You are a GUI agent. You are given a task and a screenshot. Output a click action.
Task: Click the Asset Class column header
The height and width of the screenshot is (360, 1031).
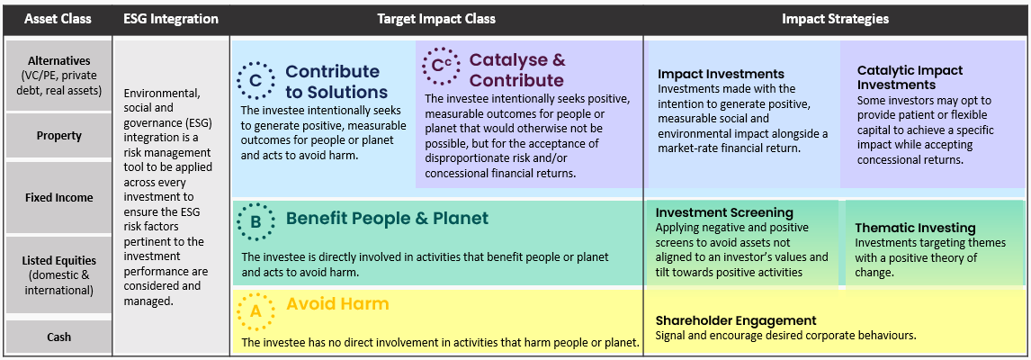tap(57, 18)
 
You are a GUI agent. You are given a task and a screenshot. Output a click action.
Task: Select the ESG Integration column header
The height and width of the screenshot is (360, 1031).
tap(171, 18)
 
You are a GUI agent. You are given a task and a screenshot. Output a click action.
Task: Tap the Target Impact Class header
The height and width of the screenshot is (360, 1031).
tap(436, 18)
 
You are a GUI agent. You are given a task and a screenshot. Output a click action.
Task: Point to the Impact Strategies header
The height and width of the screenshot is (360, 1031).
tap(836, 18)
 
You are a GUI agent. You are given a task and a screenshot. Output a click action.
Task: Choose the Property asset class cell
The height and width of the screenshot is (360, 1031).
tap(58, 136)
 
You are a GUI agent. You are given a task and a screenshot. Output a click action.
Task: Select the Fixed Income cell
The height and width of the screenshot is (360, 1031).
tap(58, 197)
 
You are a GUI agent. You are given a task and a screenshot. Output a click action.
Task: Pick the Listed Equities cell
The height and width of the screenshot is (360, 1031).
tap(58, 274)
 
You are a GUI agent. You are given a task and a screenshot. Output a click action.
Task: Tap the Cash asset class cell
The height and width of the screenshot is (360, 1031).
tap(58, 337)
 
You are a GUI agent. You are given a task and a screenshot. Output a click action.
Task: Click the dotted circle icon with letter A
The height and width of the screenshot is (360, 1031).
tap(256, 311)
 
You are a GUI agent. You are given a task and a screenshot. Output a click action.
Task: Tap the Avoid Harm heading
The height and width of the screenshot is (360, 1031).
tap(337, 304)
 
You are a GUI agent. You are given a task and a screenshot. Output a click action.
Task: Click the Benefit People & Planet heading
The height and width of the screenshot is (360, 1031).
tap(387, 218)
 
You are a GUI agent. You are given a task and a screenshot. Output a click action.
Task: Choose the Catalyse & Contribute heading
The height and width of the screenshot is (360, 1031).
tap(517, 70)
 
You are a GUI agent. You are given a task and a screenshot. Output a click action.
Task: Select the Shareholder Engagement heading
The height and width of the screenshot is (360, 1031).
tap(736, 320)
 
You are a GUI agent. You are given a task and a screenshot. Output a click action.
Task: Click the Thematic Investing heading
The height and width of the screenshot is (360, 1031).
tap(915, 228)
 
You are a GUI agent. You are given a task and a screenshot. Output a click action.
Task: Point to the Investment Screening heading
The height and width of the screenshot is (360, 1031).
tap(724, 212)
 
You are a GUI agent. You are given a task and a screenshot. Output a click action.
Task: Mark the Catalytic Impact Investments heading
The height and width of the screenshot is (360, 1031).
tap(910, 77)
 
